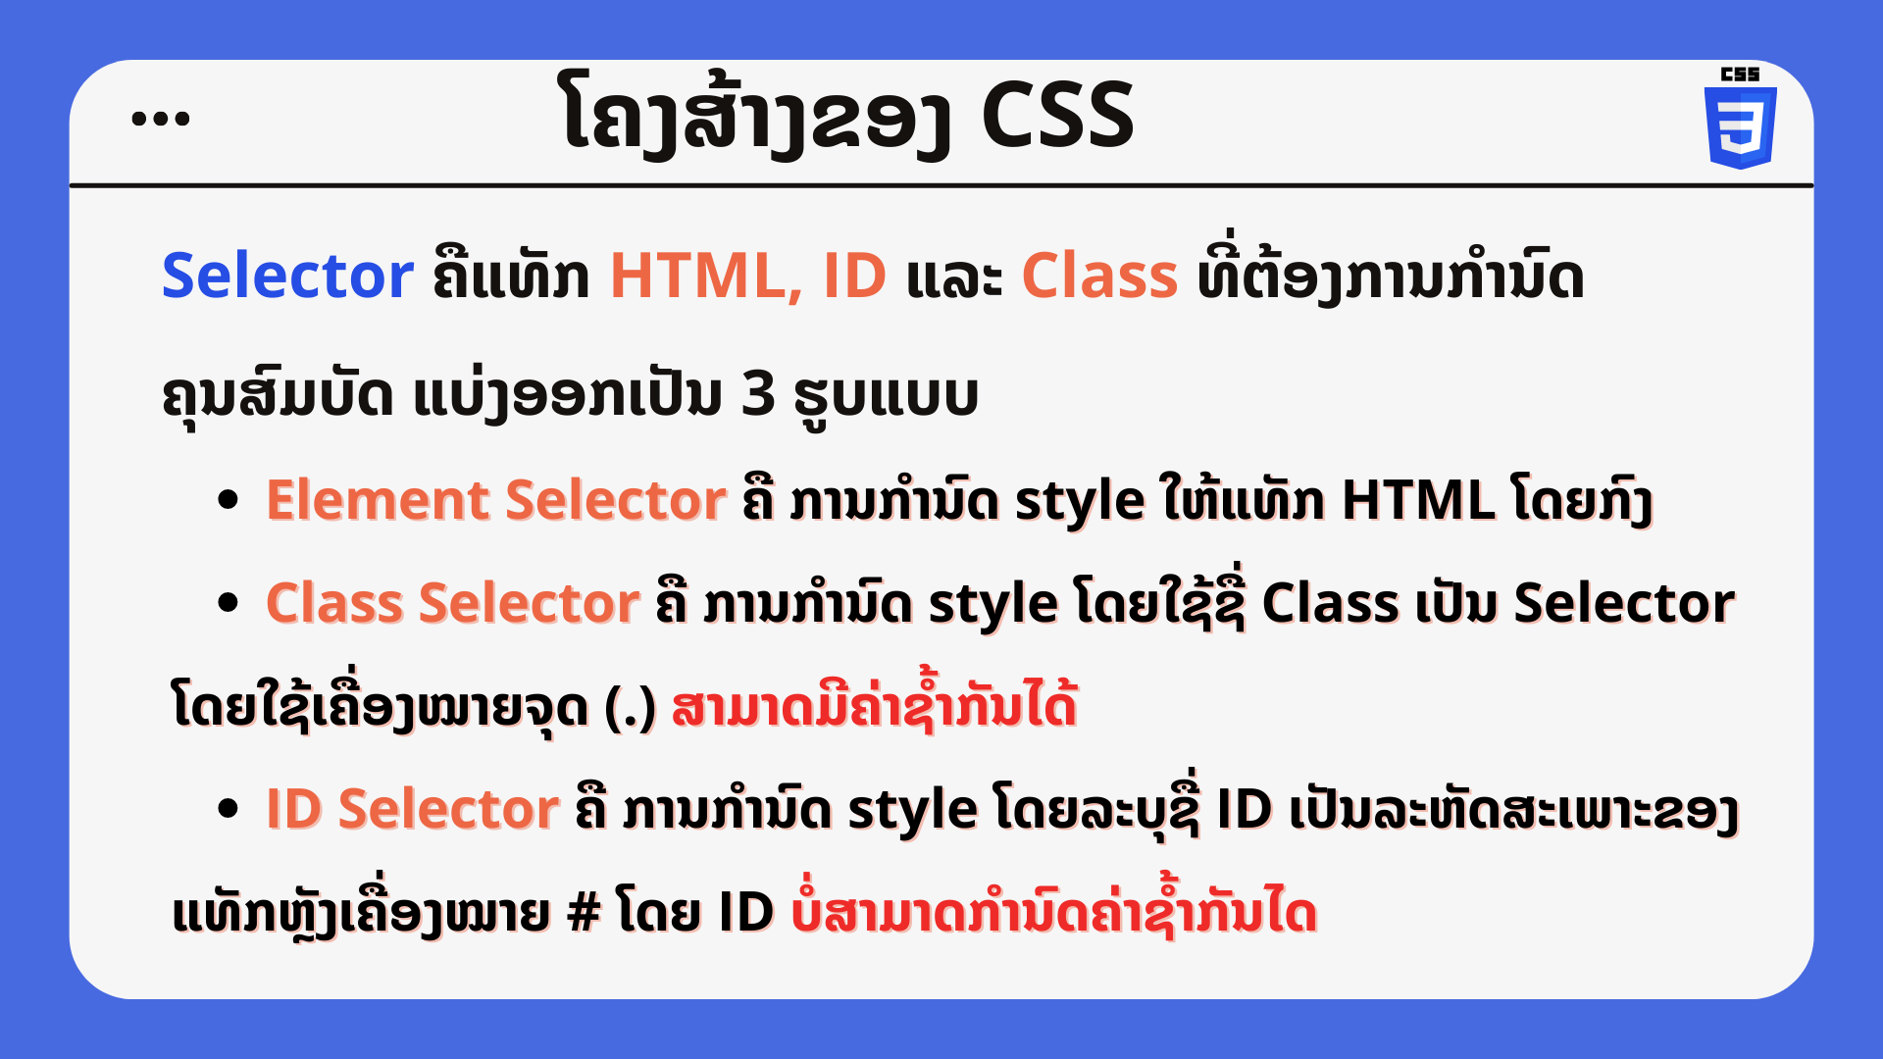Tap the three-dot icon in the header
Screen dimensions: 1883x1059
point(161,119)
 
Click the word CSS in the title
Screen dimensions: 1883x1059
point(1057,116)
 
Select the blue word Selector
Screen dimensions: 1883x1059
point(287,276)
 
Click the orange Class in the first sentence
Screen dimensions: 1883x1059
point(1099,276)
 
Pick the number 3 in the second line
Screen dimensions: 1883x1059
point(758,394)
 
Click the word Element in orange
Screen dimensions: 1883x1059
point(379,500)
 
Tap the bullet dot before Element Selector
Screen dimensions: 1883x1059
point(229,500)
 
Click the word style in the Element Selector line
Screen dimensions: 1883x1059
point(1080,502)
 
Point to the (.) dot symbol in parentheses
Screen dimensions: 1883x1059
point(630,708)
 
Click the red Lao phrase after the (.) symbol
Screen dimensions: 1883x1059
point(875,703)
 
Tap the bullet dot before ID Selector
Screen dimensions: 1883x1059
point(229,809)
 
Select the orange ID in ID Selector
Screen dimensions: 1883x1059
point(294,809)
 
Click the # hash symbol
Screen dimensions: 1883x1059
point(584,912)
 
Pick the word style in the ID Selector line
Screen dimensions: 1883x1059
point(913,811)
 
